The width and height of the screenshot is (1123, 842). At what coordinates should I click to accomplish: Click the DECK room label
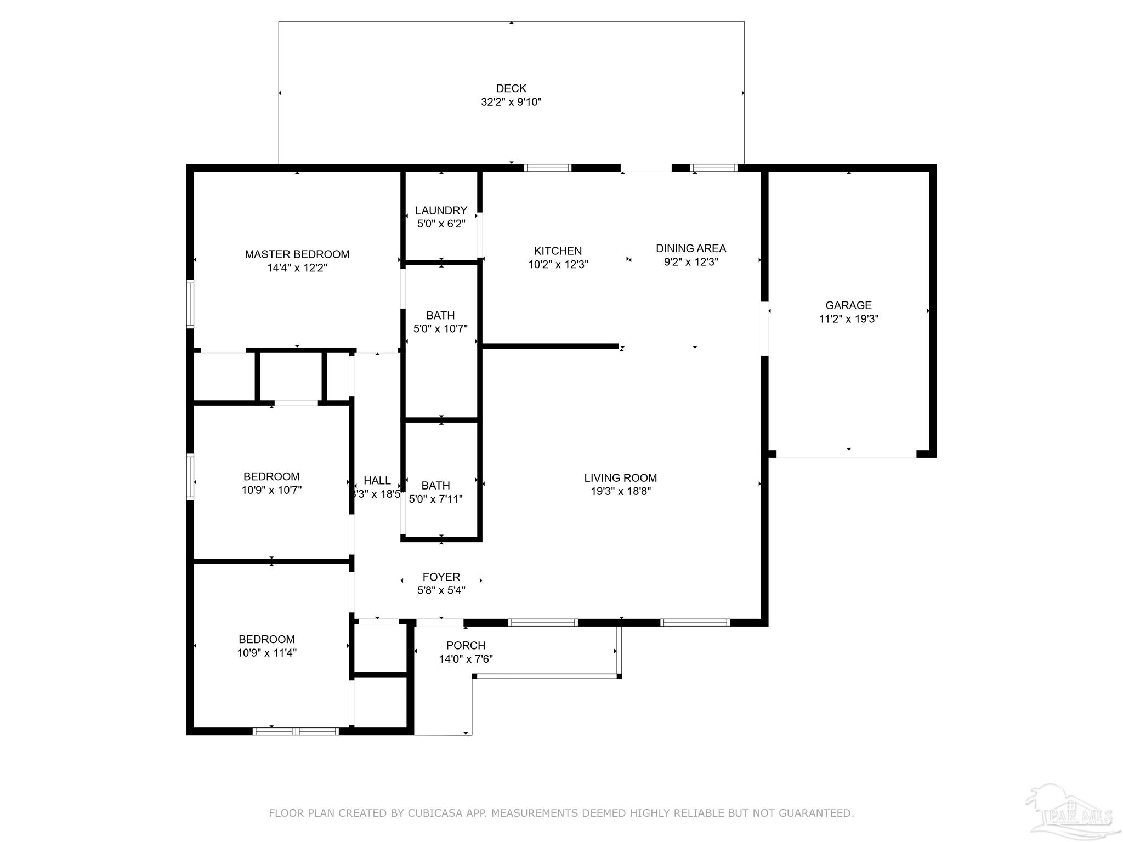[511, 88]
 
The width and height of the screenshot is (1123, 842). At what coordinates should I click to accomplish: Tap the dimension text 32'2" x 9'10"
[511, 102]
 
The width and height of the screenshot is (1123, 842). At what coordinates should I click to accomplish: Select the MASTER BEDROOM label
[297, 254]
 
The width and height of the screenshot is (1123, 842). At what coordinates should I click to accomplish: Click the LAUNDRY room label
[441, 210]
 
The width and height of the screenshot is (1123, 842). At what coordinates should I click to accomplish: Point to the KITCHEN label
[558, 251]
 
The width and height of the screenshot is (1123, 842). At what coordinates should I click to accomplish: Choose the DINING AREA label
[690, 248]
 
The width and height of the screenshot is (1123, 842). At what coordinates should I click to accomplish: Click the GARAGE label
[848, 305]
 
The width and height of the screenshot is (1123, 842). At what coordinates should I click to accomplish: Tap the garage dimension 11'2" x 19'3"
[848, 319]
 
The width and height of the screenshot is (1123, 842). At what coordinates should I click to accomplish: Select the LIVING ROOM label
[620, 478]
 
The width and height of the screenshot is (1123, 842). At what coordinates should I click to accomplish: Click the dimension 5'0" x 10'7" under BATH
[440, 329]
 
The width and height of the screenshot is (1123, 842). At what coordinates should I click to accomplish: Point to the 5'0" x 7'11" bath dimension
[436, 499]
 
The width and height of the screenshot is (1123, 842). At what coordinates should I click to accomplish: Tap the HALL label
[377, 481]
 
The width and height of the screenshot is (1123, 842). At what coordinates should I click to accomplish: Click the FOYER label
[441, 577]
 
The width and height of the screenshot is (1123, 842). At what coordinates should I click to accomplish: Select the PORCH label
[466, 645]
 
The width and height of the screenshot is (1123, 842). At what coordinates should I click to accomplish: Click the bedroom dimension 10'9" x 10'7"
[271, 490]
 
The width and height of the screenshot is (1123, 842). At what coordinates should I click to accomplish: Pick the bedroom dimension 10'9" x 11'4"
[266, 653]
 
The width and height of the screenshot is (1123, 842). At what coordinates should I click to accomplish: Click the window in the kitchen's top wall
[547, 168]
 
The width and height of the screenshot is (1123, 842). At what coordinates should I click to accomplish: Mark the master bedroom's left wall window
[190, 304]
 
